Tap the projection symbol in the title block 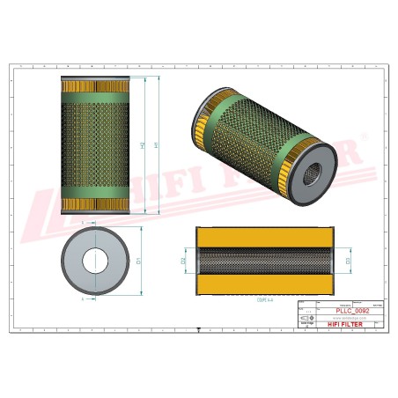(309, 317)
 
